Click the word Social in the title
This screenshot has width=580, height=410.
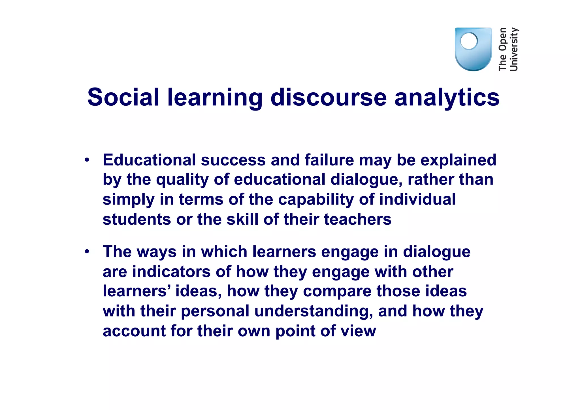123,97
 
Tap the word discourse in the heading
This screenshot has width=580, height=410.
329,97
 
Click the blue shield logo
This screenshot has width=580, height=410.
473,50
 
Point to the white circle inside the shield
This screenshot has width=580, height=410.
469,41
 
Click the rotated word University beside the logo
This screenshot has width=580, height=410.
514,49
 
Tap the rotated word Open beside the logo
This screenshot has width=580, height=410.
503,39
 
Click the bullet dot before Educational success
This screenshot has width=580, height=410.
87,160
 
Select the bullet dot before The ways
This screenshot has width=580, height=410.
87,251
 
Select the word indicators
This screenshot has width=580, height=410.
171,271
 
